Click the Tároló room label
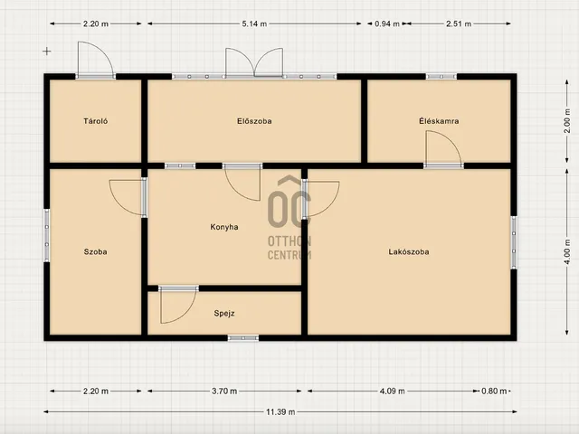pos(96,121)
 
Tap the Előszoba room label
pos(254,121)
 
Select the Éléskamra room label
pos(439,120)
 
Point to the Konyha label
pos(224,227)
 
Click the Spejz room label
pos(224,314)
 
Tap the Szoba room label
pos(95,251)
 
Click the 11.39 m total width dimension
pos(280,412)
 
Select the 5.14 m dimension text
pos(254,24)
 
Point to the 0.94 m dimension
pos(387,24)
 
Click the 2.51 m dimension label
pos(459,24)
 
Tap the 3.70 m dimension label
pos(224,391)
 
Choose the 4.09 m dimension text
pos(392,391)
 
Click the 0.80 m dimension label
pos(494,391)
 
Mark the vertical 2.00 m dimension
pos(568,121)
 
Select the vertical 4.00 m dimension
pos(568,252)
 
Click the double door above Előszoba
pos(254,62)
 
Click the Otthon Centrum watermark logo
pos(289,218)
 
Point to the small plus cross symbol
pos(47,51)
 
